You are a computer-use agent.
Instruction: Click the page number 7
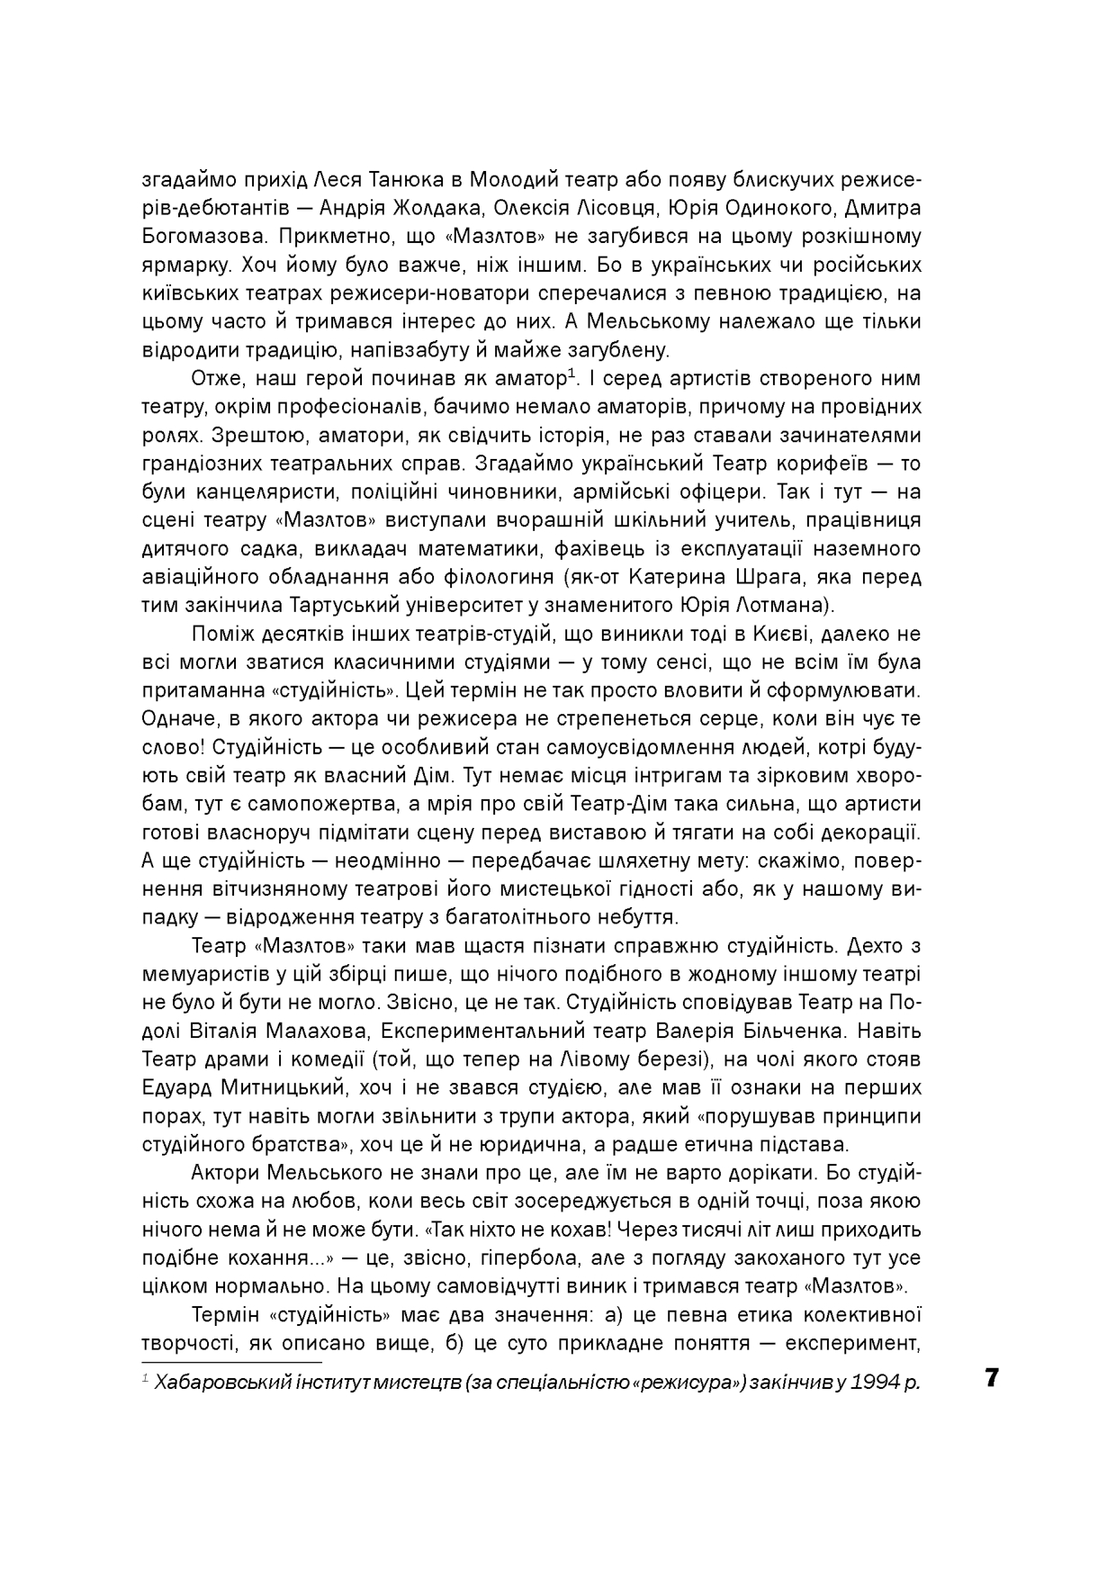click(x=992, y=1378)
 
